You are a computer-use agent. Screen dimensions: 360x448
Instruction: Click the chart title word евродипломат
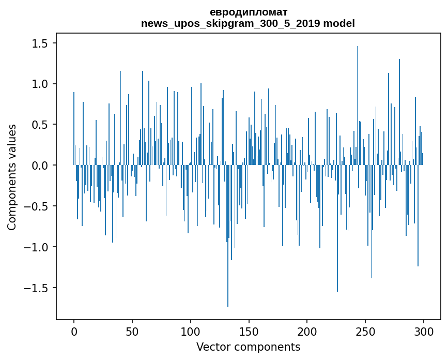coord(248,12)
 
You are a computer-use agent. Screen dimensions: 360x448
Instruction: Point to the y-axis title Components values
coord(12,177)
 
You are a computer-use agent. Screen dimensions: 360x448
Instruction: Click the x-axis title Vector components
coord(248,347)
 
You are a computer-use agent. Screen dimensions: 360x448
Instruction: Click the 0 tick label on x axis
coord(74,331)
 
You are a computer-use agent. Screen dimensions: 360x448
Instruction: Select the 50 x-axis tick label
coord(132,331)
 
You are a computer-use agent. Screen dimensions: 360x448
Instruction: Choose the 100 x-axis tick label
coord(191,331)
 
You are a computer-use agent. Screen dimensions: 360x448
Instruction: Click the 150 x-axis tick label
coord(249,331)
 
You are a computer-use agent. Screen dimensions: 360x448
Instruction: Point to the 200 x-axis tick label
coord(307,331)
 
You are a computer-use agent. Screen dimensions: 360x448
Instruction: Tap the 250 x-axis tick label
coord(365,331)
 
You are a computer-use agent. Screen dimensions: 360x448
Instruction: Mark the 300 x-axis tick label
coord(424,331)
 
